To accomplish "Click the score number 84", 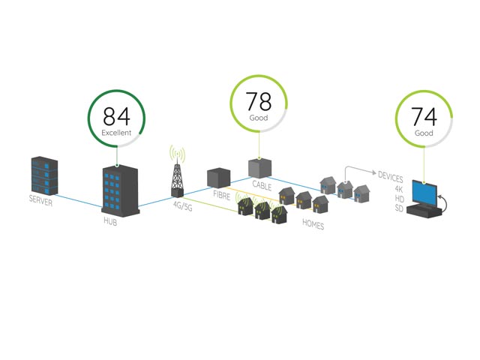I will (x=116, y=116).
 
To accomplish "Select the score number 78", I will (x=259, y=102).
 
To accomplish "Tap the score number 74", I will (x=424, y=118).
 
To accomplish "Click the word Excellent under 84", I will (x=116, y=133).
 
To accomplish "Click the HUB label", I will (x=110, y=221).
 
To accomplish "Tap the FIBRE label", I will (x=220, y=194).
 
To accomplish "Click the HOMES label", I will (x=313, y=224).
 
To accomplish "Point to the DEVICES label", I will (x=391, y=178).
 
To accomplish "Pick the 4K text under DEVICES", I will (x=399, y=188).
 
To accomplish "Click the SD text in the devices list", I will (x=399, y=208).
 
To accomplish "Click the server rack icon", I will (x=44, y=176).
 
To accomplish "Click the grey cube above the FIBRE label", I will (x=217, y=178).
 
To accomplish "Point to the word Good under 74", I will (x=424, y=133).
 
